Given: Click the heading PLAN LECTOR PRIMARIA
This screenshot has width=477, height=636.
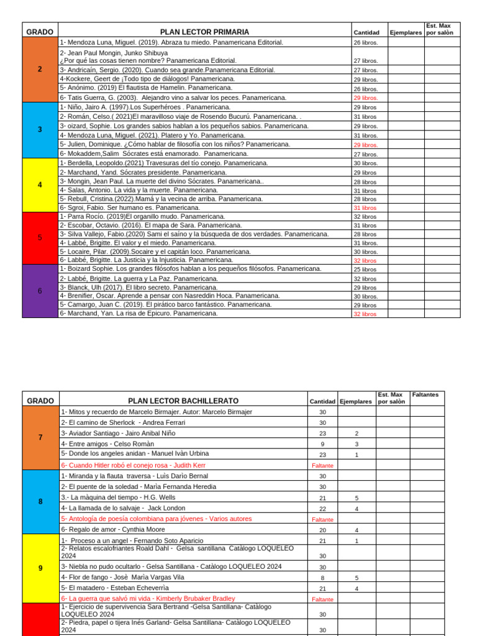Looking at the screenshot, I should click(204, 32).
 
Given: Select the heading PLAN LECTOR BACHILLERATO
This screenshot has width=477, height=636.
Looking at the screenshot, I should click(183, 401).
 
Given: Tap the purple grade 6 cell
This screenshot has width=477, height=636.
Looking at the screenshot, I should click(40, 291).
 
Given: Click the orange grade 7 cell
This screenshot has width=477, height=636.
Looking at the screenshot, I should click(40, 437).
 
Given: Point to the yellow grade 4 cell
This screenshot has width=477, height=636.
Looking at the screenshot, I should click(40, 185).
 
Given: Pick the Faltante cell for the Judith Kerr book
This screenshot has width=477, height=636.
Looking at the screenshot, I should click(322, 465).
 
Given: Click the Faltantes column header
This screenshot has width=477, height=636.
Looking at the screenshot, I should click(425, 394).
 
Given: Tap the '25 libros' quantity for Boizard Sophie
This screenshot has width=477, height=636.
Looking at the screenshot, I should click(365, 270).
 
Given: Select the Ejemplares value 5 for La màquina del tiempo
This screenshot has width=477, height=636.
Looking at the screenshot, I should click(357, 498).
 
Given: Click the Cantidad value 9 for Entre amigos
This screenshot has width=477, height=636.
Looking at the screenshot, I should click(322, 444).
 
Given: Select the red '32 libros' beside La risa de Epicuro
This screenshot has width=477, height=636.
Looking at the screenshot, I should click(365, 314).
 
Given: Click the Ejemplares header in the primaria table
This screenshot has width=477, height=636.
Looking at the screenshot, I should click(406, 32).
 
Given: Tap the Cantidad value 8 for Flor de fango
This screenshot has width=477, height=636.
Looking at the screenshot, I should click(322, 577).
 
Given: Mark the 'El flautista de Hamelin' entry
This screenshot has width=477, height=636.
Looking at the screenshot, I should click(146, 88).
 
